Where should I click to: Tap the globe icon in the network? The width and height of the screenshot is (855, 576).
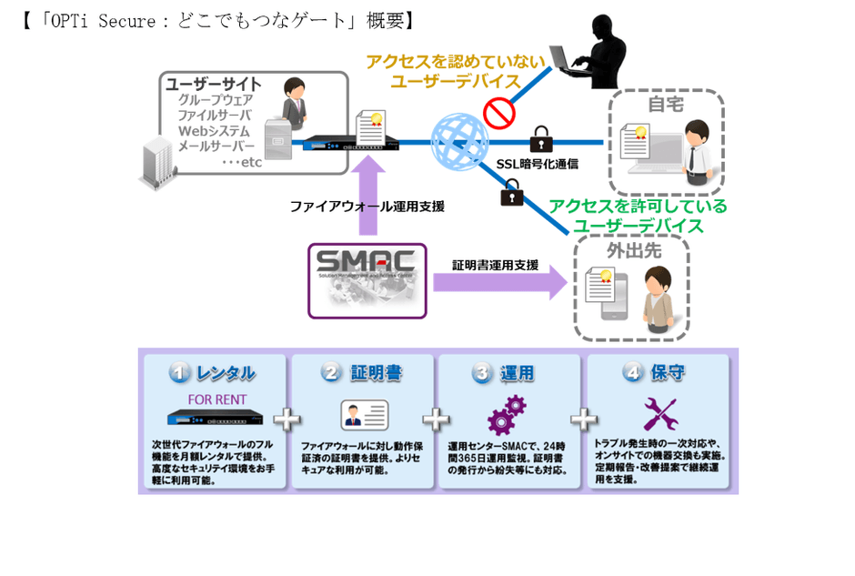pyautogui.click(x=459, y=141)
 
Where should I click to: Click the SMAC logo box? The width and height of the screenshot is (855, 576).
pyautogui.click(x=367, y=279)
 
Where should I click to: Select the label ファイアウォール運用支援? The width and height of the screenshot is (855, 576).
pyautogui.click(x=367, y=207)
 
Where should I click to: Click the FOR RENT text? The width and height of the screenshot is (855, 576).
pyautogui.click(x=215, y=399)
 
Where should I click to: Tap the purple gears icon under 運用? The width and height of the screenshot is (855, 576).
pyautogui.click(x=507, y=416)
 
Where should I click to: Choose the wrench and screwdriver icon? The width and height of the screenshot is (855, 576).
pyautogui.click(x=659, y=414)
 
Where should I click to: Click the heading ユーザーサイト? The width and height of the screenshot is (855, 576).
pyautogui.click(x=212, y=83)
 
